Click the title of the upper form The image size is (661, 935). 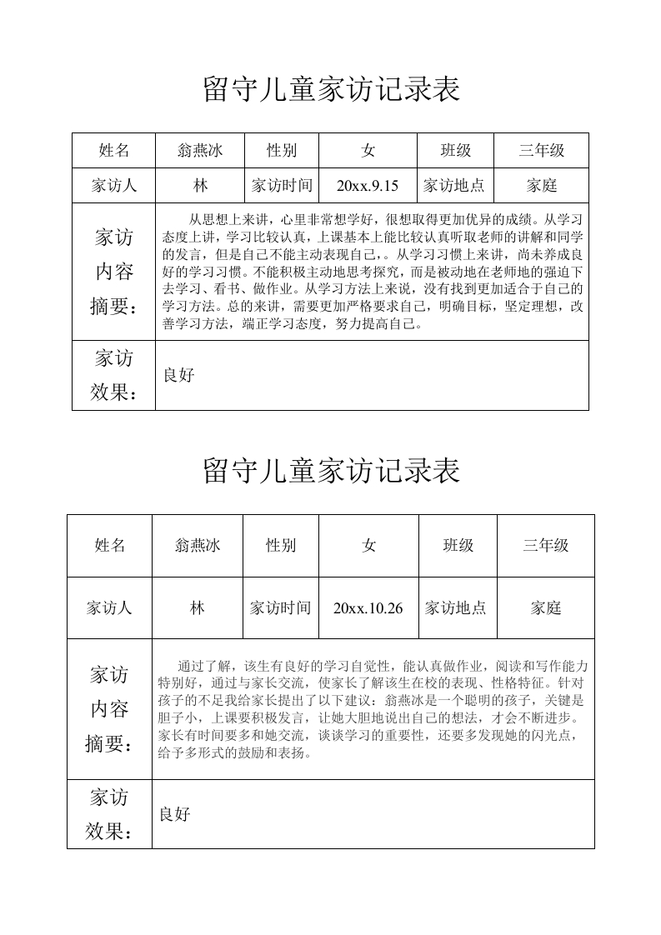(x=331, y=89)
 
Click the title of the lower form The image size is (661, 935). (x=331, y=471)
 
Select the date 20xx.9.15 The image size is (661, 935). (x=368, y=186)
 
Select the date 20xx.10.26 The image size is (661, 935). (x=368, y=608)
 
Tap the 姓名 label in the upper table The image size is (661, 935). (x=114, y=151)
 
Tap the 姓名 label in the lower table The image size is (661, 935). (x=110, y=545)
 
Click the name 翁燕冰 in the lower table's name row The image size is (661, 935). (x=198, y=545)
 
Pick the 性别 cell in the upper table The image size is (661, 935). (x=281, y=151)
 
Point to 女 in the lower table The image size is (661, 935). (x=368, y=545)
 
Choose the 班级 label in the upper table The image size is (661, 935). (x=456, y=151)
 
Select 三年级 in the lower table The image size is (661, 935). (x=546, y=545)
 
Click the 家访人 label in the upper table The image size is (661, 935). (x=114, y=186)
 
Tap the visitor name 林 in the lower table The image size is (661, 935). (x=198, y=608)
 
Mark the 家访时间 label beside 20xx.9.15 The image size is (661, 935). (x=281, y=186)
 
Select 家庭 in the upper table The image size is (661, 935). (x=542, y=186)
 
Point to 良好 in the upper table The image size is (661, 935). (x=178, y=376)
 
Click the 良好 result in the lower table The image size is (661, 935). (x=175, y=814)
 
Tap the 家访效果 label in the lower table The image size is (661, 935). (x=110, y=814)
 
